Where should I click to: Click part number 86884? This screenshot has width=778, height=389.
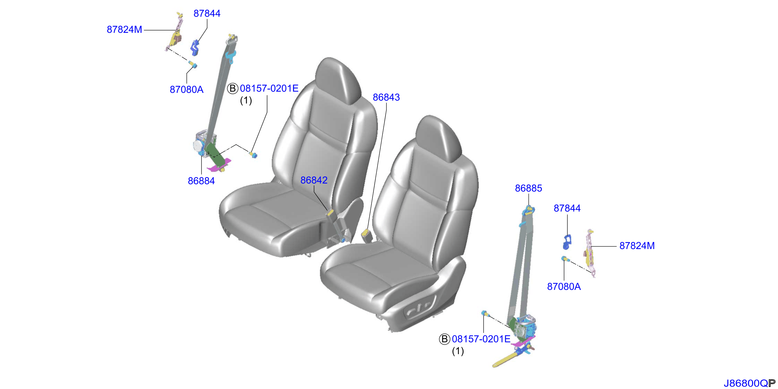coord(201,181)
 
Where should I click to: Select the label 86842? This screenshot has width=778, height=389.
coord(314,180)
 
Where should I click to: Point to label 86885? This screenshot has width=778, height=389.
coord(528,188)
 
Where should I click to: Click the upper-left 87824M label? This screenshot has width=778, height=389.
coord(124,29)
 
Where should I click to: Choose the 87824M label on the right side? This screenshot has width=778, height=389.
coord(637,246)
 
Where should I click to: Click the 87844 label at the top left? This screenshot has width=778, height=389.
coord(207,13)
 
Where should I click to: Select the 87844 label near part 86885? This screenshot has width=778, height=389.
coord(567,208)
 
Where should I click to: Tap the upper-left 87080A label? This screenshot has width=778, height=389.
coord(186,89)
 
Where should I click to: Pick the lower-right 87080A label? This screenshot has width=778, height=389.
coord(564,286)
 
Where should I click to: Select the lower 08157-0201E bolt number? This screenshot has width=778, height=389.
coord(481,339)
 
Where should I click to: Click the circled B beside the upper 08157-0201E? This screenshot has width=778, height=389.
coord(232,89)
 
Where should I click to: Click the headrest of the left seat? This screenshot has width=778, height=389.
coord(338,81)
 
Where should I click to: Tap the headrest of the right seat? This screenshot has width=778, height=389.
coord(439,139)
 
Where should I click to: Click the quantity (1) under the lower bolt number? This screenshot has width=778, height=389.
coord(458,351)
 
